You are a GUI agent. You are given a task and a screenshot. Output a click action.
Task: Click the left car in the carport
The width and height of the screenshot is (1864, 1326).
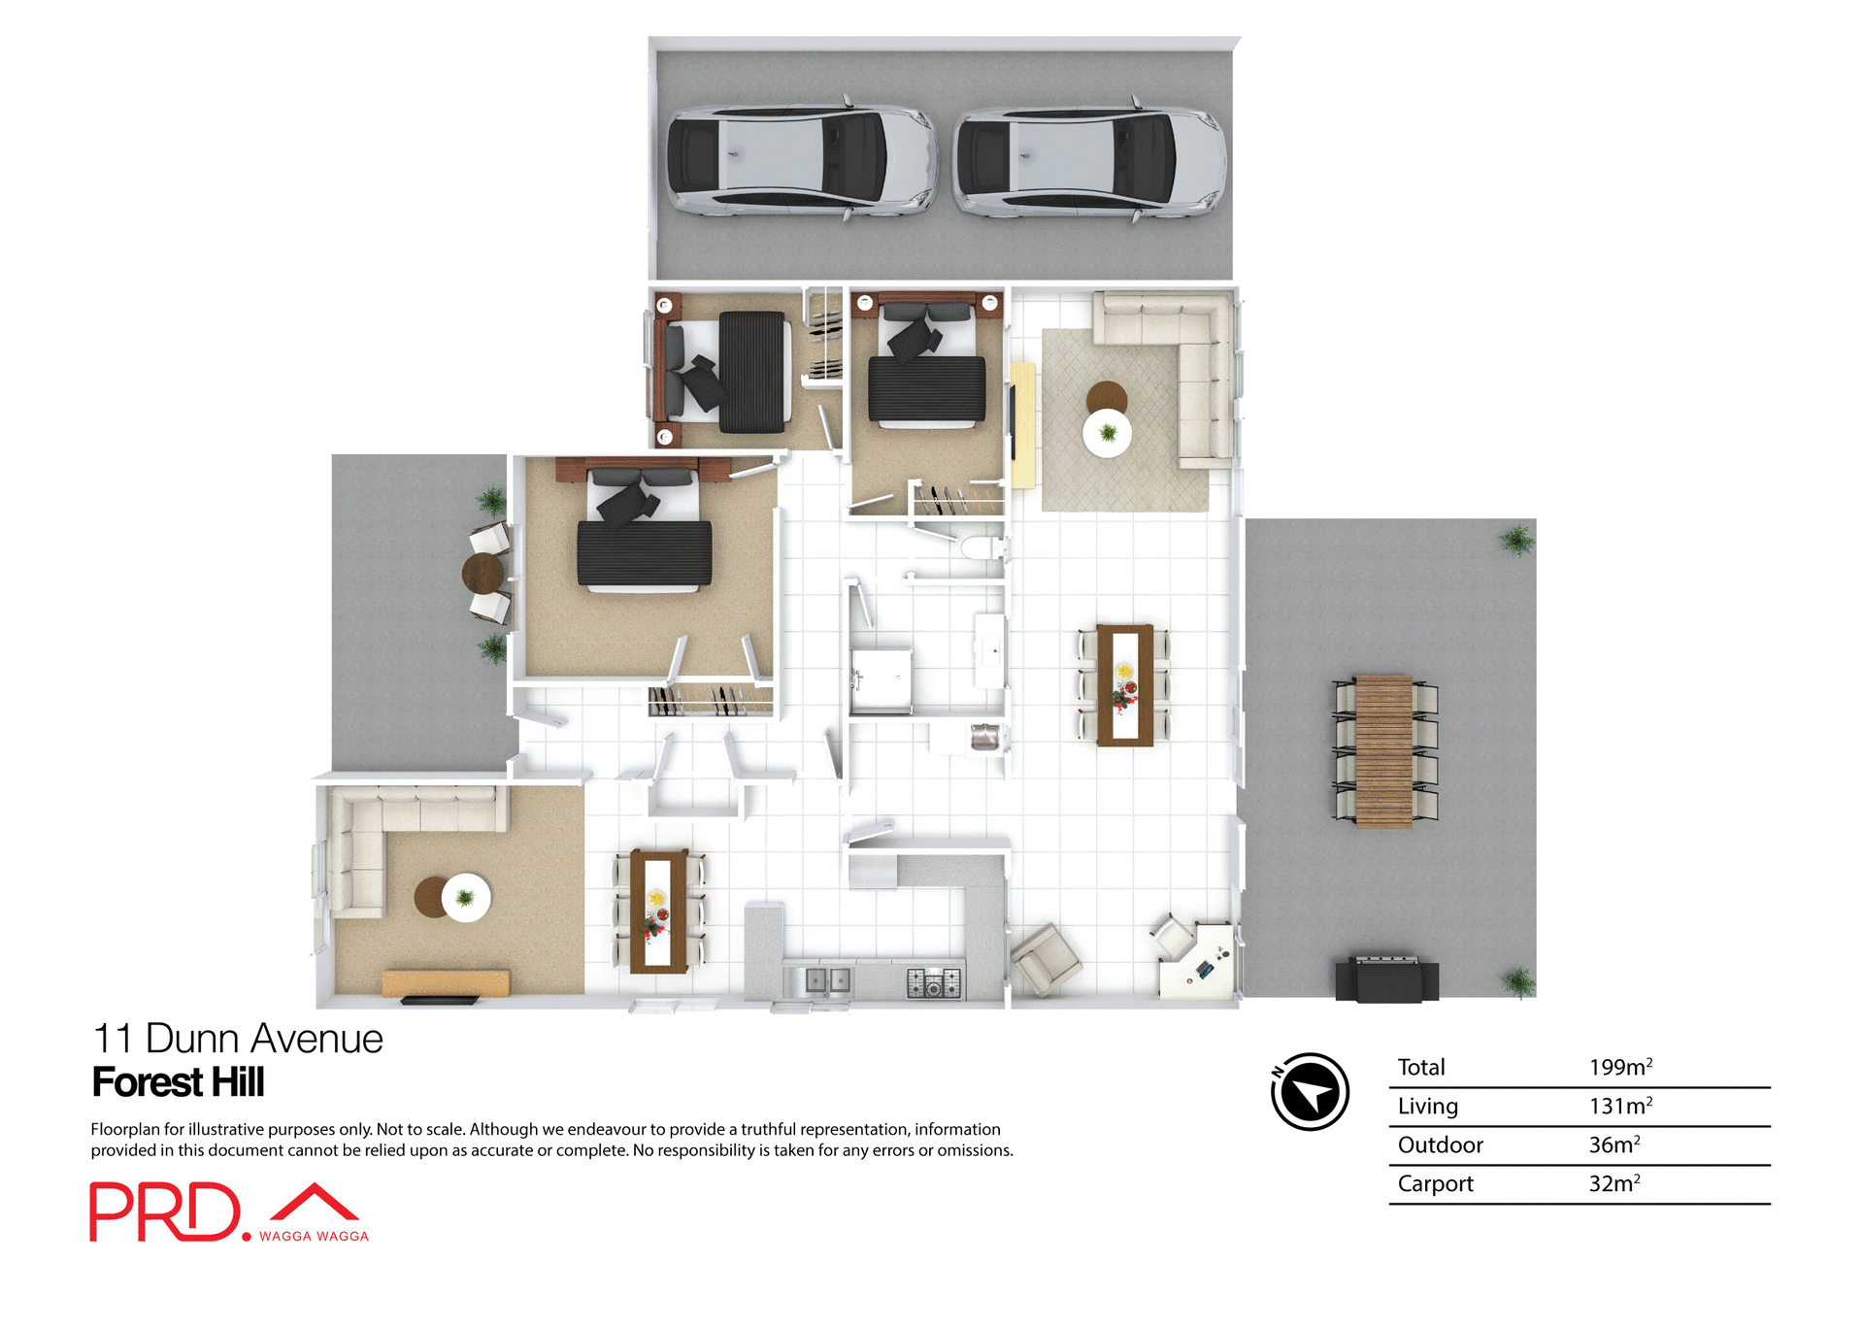tap(801, 159)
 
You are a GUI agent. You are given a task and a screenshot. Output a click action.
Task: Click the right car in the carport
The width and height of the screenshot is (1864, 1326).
tap(1088, 160)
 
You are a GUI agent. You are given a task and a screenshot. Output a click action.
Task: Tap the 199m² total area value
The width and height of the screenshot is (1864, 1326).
tap(1619, 1067)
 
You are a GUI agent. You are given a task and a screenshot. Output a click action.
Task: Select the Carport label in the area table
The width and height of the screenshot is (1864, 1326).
tap(1435, 1183)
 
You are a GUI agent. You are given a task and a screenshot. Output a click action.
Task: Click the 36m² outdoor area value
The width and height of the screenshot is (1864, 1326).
tap(1614, 1144)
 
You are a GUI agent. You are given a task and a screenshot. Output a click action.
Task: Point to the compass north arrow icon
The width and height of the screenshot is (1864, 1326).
tap(1310, 1092)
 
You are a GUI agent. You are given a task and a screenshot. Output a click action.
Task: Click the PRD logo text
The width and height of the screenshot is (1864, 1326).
tap(165, 1211)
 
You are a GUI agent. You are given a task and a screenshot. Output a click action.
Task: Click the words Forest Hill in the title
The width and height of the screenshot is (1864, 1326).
tap(178, 1082)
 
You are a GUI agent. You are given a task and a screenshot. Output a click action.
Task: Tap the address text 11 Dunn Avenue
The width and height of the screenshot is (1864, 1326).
tap(238, 1039)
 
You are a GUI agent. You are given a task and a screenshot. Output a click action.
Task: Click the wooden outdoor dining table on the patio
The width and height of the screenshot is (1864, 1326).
tap(1383, 751)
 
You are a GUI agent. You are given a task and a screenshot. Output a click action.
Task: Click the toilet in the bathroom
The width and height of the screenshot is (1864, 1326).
tap(982, 548)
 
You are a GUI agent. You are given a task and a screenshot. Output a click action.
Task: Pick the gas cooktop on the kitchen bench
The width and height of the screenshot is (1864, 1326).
tap(934, 982)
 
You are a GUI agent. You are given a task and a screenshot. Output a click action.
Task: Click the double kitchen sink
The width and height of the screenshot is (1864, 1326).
tap(828, 980)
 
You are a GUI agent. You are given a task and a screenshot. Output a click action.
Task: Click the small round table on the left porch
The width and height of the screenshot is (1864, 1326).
tap(483, 573)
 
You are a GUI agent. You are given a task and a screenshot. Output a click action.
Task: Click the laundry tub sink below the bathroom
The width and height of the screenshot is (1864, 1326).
tap(984, 737)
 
